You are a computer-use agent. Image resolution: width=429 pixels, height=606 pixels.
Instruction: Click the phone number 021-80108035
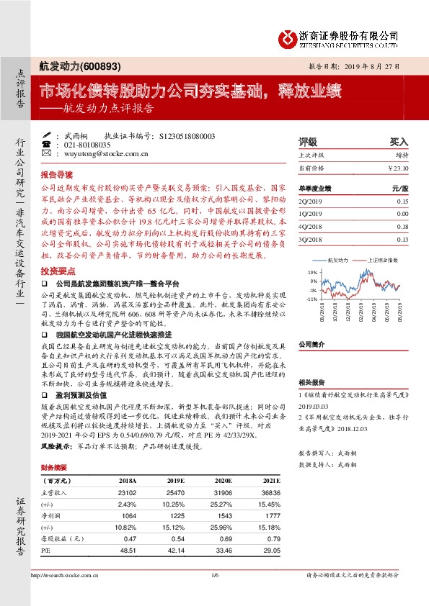click(x=90, y=144)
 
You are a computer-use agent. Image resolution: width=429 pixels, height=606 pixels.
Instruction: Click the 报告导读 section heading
click(x=57, y=175)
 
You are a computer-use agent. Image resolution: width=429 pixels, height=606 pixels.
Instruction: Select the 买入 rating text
click(x=399, y=142)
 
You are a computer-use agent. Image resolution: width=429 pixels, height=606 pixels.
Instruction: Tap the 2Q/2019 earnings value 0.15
click(x=402, y=201)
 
